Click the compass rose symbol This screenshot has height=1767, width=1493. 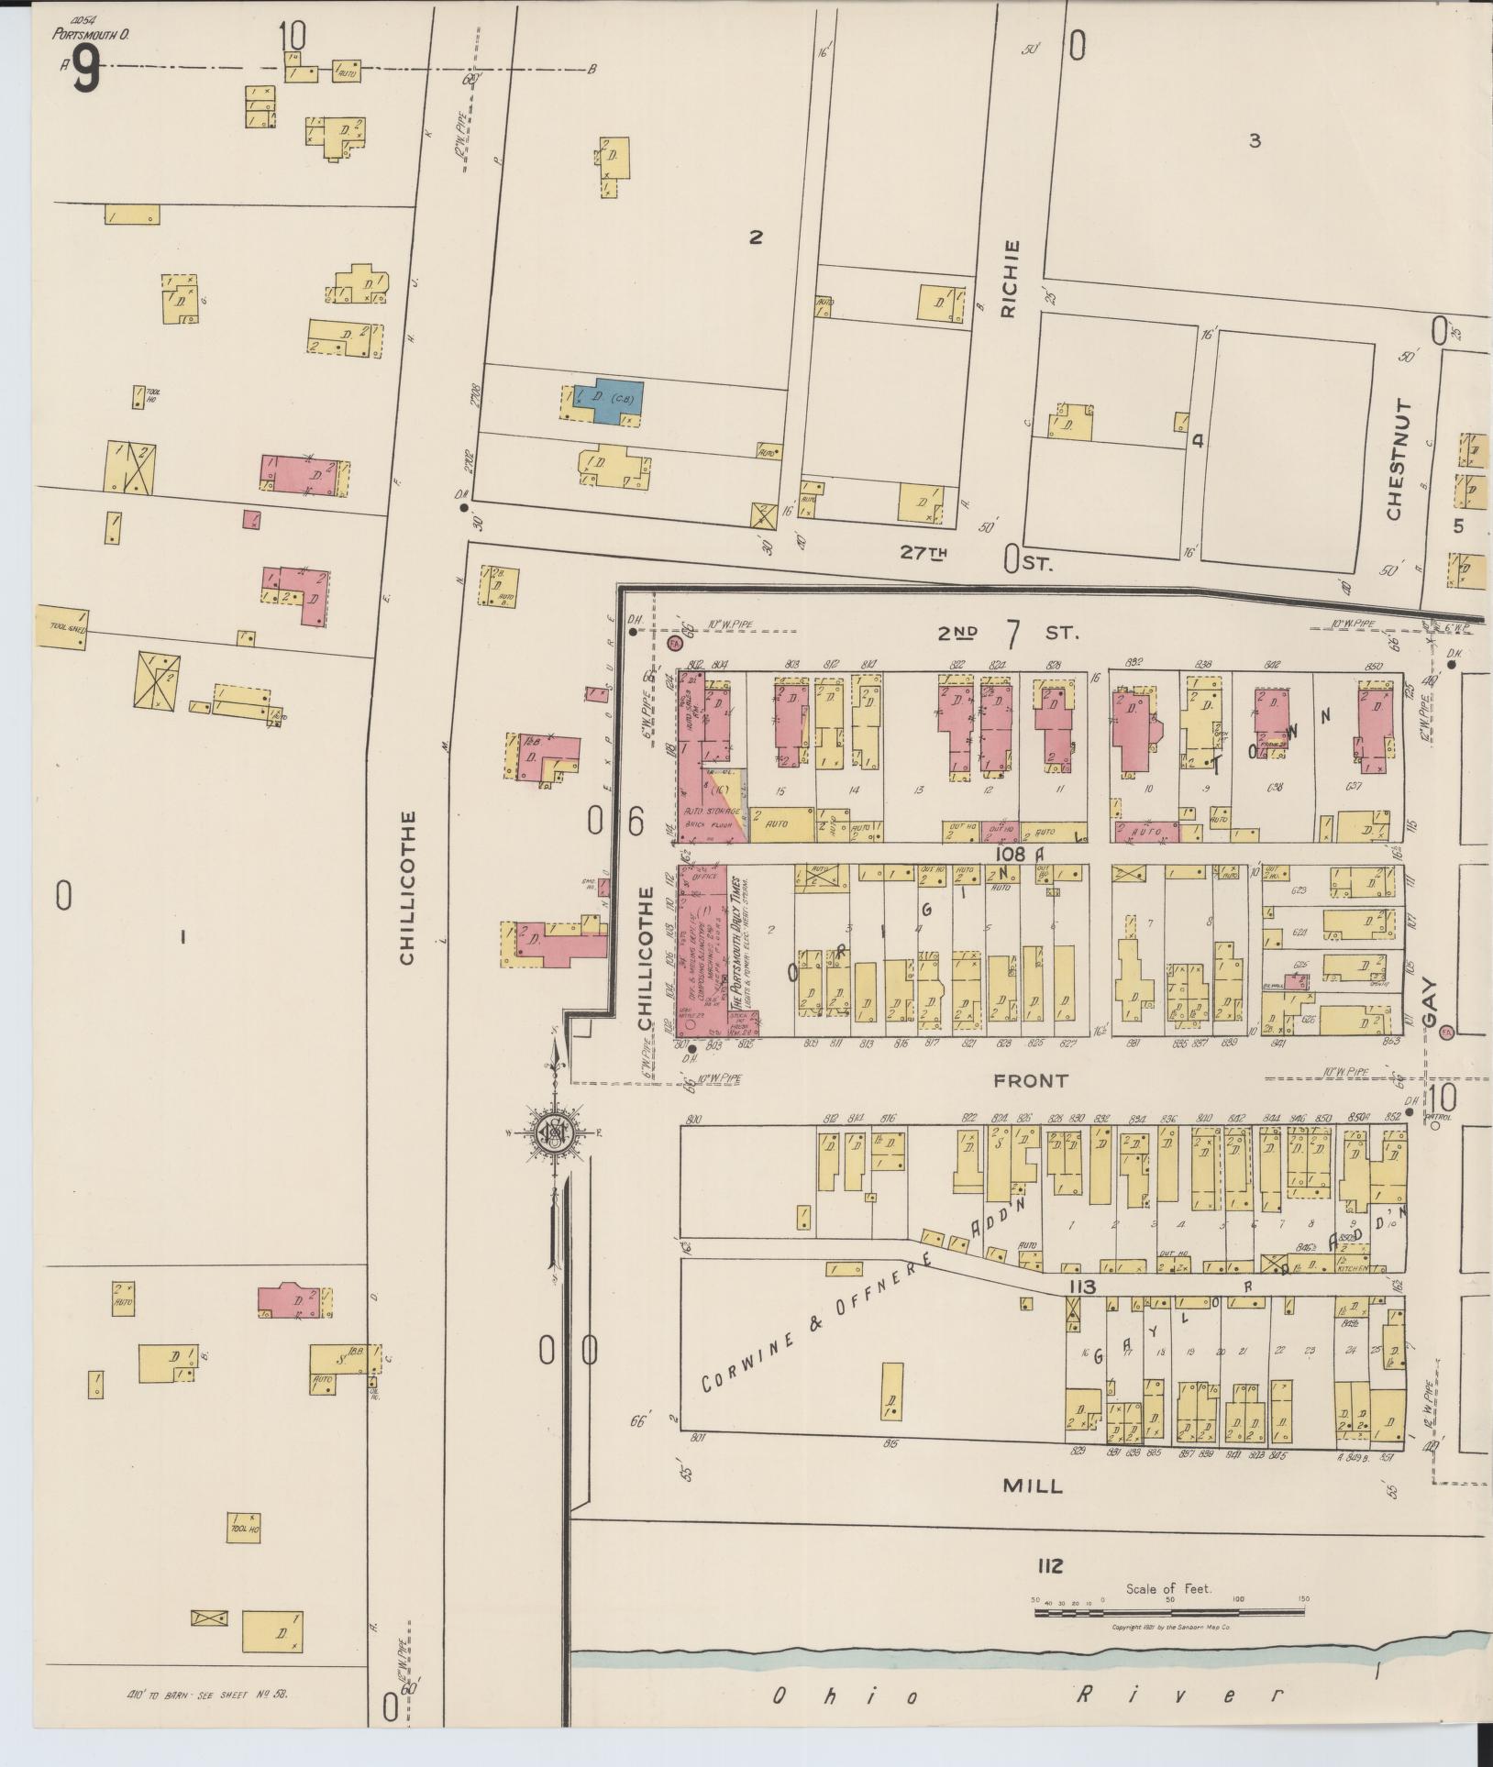(x=555, y=1133)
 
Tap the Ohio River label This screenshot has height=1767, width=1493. (x=1027, y=1695)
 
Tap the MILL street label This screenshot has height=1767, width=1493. (x=1033, y=1486)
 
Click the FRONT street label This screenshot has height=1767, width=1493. (x=1031, y=1081)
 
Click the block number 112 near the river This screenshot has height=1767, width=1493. (x=1050, y=1566)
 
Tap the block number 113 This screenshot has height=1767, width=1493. (x=1081, y=1287)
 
